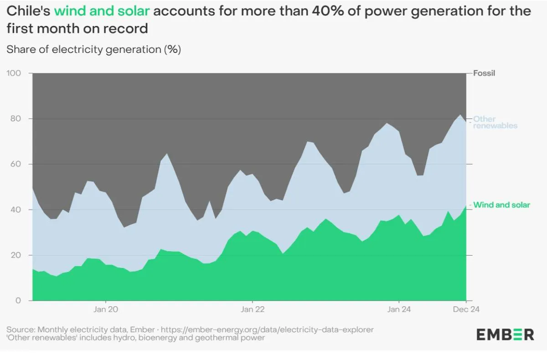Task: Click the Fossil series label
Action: tap(484, 73)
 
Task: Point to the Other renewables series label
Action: tap(495, 122)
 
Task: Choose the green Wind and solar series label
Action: tap(501, 205)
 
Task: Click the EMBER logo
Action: tap(505, 334)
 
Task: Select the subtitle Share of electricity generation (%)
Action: tap(94, 50)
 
